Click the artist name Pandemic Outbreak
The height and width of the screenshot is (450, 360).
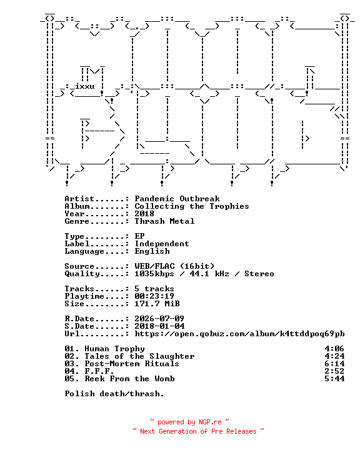click(177, 199)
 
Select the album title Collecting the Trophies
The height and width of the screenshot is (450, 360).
click(192, 206)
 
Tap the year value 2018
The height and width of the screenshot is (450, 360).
click(144, 214)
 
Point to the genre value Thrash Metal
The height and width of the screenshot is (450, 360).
click(164, 221)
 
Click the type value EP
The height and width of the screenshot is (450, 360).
click(139, 236)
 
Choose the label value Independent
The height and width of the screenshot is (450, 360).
click(162, 244)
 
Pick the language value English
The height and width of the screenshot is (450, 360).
click(152, 251)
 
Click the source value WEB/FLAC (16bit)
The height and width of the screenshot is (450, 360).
click(174, 266)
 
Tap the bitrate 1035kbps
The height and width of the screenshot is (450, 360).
click(154, 274)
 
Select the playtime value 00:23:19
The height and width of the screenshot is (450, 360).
click(154, 296)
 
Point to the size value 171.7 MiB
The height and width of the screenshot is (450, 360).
click(157, 304)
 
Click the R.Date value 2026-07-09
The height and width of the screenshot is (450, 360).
click(159, 319)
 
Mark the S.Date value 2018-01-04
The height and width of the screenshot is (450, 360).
click(159, 326)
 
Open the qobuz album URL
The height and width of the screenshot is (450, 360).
click(240, 334)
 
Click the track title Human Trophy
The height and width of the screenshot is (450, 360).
click(114, 349)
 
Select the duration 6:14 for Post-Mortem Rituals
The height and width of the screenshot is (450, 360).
click(334, 364)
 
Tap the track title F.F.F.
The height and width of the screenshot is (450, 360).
click(99, 371)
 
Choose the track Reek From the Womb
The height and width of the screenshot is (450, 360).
click(129, 379)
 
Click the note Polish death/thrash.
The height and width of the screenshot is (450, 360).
click(114, 394)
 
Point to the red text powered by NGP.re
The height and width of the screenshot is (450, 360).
click(189, 422)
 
